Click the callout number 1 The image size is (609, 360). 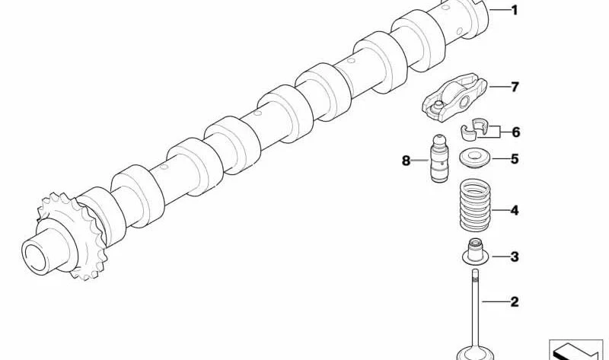tap(515, 10)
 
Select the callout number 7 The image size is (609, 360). tap(515, 87)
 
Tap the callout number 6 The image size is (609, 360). tap(515, 132)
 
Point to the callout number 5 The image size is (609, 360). tap(515, 159)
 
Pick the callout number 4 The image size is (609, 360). tap(515, 211)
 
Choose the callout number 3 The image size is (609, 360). tap(515, 256)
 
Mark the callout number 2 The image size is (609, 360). tap(515, 301)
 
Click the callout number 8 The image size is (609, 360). tap(406, 161)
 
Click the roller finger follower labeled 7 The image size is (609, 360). tap(454, 97)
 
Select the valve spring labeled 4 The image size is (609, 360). tap(475, 205)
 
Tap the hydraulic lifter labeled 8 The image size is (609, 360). tap(439, 158)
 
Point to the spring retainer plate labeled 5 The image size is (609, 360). tap(475, 159)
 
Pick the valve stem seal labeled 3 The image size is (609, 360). tap(474, 253)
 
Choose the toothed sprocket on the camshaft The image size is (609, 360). tap(72, 237)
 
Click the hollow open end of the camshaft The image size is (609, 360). tap(36, 257)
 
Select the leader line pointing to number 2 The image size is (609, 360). tap(495, 301)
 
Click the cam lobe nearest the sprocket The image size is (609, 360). tap(101, 216)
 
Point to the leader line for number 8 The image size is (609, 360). tap(420, 160)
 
